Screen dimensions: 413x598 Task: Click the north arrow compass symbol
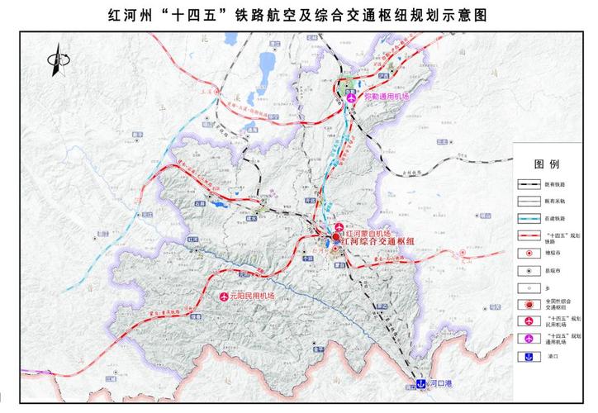pyautogui.click(x=57, y=63)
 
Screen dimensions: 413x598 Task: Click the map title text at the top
pyautogui.click(x=299, y=15)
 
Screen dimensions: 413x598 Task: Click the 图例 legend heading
pyautogui.click(x=548, y=164)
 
